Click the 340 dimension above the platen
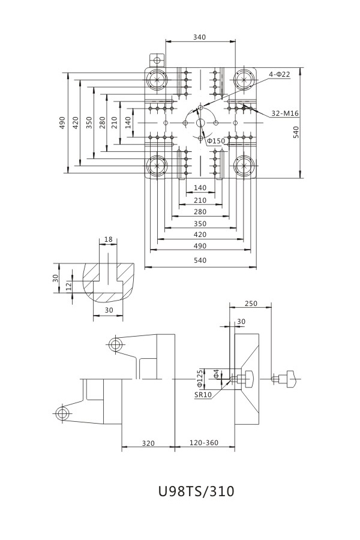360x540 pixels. (200, 37)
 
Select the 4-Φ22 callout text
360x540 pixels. (280, 74)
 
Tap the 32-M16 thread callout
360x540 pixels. (285, 113)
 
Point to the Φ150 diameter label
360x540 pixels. (216, 141)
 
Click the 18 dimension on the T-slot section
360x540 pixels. (108, 239)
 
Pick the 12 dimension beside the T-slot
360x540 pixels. (70, 286)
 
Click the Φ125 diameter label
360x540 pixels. (200, 377)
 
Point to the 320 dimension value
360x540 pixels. (149, 443)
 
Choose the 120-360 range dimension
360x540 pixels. (204, 443)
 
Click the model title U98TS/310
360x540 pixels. (196, 491)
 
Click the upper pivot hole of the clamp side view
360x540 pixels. (115, 344)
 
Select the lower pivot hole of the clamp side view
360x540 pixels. (61, 413)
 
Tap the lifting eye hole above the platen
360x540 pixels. (157, 60)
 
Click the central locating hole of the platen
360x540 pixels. (200, 123)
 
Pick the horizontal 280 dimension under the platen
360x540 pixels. (200, 212)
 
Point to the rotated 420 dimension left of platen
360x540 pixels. (76, 122)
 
